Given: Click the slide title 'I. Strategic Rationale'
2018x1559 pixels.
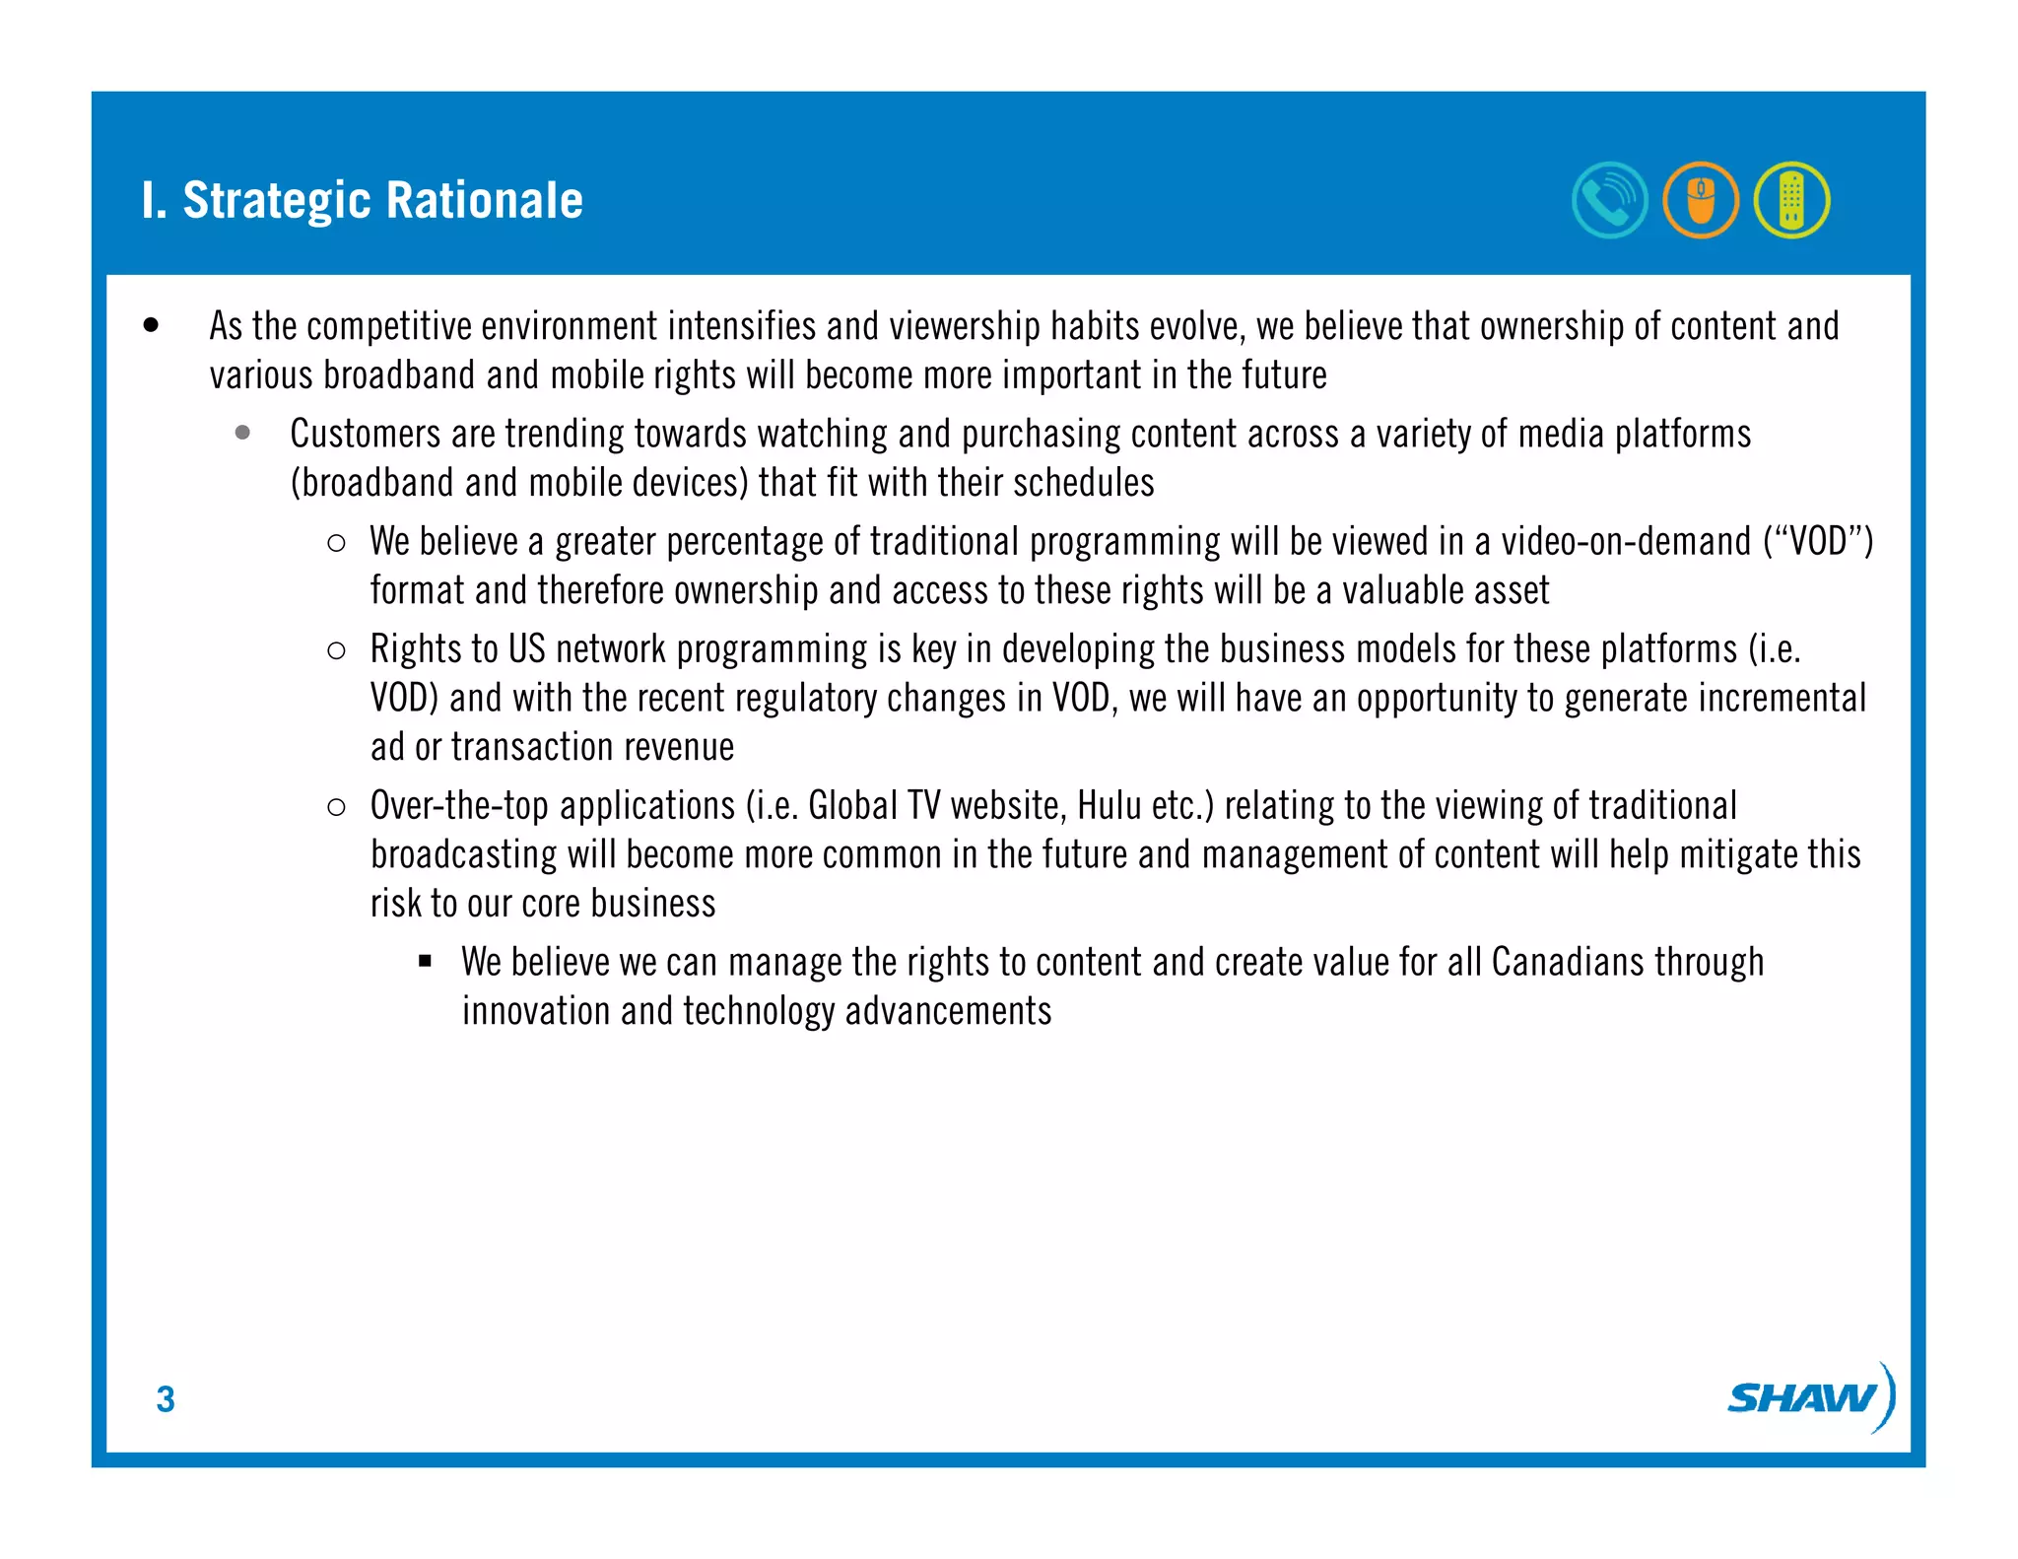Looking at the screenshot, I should click(x=362, y=200).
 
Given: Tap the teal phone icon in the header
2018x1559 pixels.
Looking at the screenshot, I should click(x=1609, y=200).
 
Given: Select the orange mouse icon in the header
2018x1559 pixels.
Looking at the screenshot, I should click(x=1701, y=200).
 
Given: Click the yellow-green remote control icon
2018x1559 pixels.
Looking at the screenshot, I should click(x=1791, y=200).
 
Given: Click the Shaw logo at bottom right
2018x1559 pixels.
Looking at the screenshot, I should click(x=1809, y=1397).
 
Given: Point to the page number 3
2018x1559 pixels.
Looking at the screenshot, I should click(x=166, y=1399).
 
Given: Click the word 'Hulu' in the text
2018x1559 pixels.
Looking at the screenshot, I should click(x=1110, y=806).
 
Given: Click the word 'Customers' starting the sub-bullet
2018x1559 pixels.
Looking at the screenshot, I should click(x=365, y=435).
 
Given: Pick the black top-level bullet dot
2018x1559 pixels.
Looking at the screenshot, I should click(x=151, y=325).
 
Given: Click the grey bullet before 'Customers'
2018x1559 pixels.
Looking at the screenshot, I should click(x=242, y=433).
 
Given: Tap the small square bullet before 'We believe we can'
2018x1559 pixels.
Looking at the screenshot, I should click(x=426, y=962).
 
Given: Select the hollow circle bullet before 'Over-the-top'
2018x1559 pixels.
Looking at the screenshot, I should click(x=336, y=807).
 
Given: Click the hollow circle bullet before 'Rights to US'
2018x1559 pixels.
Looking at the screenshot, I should click(x=336, y=650).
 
